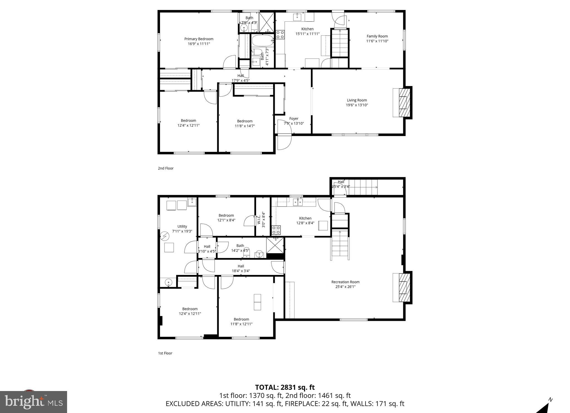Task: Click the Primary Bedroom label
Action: [x=199, y=39]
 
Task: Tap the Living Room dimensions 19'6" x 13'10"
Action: [x=357, y=105]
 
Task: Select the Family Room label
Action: [x=377, y=36]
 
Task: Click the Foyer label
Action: [x=294, y=119]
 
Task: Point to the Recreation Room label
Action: [x=345, y=282]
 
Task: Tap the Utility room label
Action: [x=182, y=227]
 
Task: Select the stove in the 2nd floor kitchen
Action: [x=280, y=35]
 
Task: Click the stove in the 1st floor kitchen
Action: [x=276, y=230]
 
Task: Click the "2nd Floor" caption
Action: [x=166, y=168]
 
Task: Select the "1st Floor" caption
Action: [x=165, y=353]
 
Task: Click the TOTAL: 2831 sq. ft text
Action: [x=285, y=387]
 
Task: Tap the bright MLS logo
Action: [x=33, y=402]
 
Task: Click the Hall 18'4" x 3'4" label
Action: [x=241, y=268]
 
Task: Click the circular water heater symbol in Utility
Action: [x=164, y=236]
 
